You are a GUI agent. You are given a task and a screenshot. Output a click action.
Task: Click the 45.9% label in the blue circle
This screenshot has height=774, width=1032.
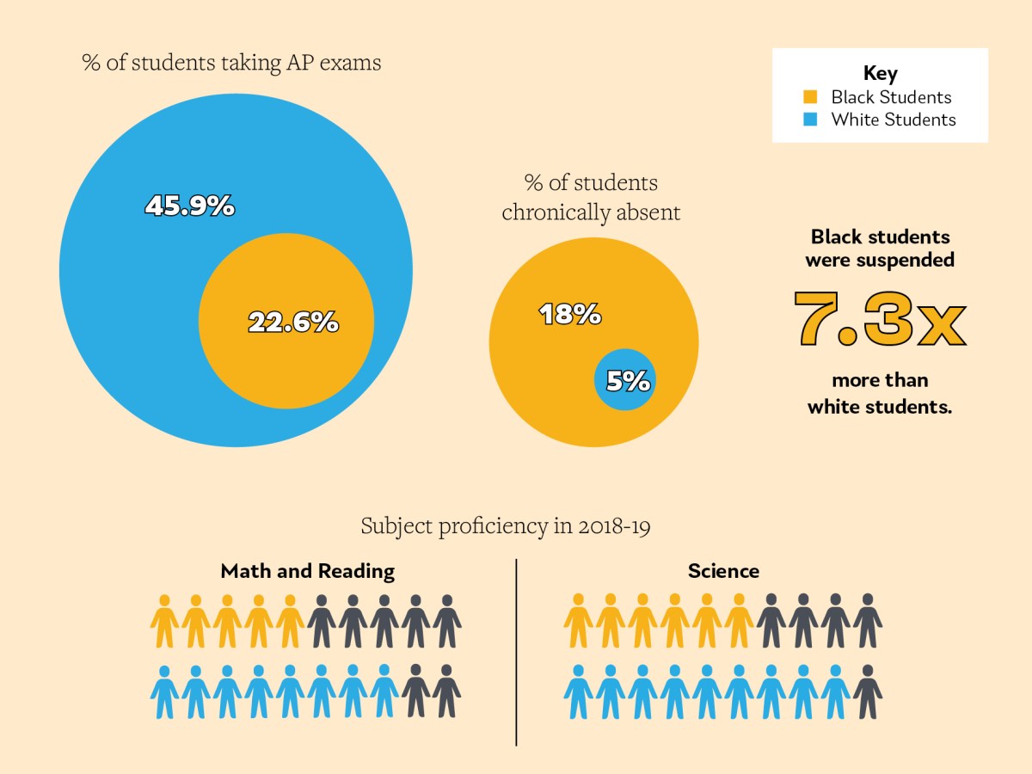pos(189,206)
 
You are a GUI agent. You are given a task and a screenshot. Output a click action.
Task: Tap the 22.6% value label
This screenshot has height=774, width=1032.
pos(293,322)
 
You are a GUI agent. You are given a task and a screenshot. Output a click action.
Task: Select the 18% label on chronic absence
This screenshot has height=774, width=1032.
pos(569,315)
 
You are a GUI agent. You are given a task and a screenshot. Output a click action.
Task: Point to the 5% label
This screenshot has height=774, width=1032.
pos(628,380)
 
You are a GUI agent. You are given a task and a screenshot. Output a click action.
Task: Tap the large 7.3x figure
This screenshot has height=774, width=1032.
pos(880,319)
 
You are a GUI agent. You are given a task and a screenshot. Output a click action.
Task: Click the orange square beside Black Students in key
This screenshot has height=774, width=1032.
pos(809,97)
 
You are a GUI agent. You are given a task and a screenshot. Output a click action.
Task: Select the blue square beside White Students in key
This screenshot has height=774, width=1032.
pos(809,120)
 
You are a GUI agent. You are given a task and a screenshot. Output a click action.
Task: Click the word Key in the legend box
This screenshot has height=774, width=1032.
pos(880,73)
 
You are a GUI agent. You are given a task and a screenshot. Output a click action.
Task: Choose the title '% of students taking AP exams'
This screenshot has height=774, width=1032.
pos(231,63)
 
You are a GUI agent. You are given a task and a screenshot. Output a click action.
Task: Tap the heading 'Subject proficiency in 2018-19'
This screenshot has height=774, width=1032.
pos(505,525)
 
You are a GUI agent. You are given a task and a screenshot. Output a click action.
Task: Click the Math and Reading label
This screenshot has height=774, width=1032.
pos(307,571)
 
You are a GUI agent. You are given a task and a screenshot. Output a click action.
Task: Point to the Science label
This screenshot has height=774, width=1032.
pos(723,571)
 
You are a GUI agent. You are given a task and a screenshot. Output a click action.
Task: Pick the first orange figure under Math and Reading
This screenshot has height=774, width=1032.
pos(164,621)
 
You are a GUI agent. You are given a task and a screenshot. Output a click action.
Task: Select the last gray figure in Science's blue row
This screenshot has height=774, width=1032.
pos(868,691)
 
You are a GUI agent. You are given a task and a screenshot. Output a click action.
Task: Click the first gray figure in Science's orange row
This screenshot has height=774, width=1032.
pos(771,621)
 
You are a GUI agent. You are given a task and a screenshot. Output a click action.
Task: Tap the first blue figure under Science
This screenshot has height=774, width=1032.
pos(578,691)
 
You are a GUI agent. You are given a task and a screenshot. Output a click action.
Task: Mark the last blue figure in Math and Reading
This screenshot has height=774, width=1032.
pos(384,691)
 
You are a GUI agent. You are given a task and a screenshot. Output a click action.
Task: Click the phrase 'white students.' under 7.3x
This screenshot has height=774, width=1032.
pos(880,407)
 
